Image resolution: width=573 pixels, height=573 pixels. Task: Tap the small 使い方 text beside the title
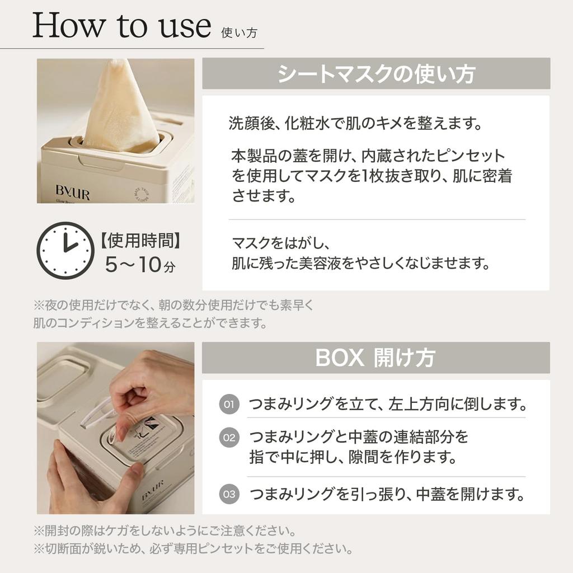239,32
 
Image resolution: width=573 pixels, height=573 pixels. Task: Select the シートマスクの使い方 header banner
376,73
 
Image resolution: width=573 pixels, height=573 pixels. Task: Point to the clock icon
64,250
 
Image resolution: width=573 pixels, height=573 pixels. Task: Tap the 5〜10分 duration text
140,265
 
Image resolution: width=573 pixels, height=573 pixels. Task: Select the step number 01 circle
229,403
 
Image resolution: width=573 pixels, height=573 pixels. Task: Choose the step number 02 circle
229,438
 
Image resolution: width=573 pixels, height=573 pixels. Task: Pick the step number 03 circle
229,494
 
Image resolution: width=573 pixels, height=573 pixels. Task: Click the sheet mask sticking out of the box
120,109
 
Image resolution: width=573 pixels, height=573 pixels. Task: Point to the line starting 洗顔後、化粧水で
355,124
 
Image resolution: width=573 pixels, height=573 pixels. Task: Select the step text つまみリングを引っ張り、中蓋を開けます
387,494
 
